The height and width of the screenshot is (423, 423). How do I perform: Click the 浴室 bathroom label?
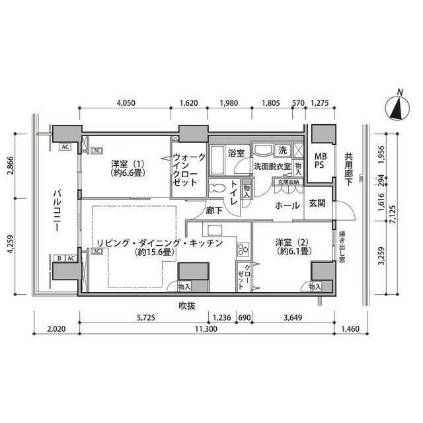236,153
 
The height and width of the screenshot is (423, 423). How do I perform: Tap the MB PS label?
320,161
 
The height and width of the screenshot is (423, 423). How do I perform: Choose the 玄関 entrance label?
317,204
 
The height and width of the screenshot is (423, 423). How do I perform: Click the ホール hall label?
288,205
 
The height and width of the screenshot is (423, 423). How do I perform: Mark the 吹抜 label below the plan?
188,305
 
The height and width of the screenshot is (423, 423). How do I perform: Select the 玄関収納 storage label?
288,182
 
